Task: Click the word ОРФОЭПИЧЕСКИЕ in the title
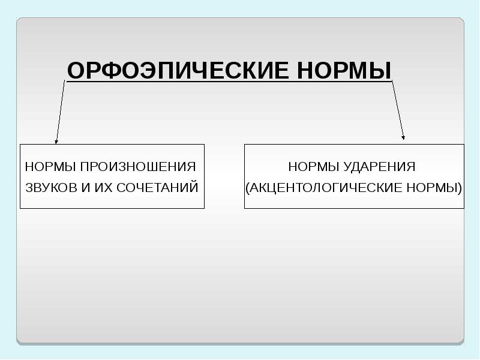coord(178,70)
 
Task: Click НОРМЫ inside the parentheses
coord(430,188)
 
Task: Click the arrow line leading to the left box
coord(60,111)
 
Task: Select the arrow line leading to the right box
coord(398,111)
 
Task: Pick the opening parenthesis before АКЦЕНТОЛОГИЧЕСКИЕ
coord(248,188)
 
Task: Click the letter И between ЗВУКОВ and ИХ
coord(85,188)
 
